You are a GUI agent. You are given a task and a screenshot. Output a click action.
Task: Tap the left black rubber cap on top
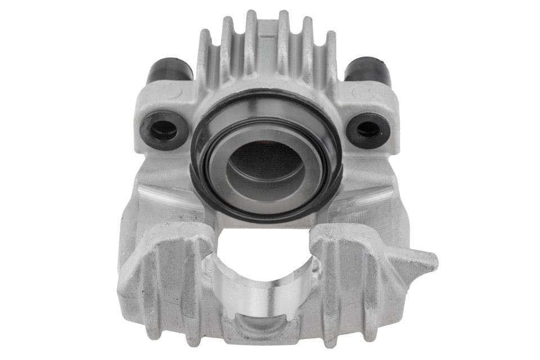[x=169, y=71]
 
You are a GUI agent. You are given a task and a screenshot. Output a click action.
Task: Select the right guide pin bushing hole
[x=368, y=130]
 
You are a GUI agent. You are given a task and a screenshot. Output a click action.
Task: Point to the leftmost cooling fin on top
[x=204, y=56]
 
